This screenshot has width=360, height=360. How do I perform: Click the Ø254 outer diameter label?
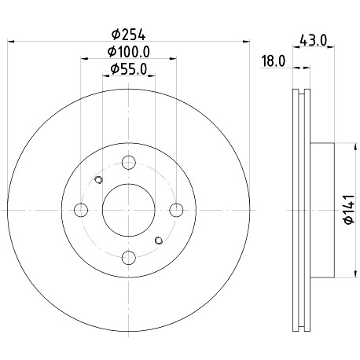(128, 35)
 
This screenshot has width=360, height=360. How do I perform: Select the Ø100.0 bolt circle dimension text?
(129, 52)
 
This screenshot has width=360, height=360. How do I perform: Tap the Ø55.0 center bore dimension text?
(129, 69)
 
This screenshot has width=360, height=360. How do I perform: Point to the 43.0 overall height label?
(314, 40)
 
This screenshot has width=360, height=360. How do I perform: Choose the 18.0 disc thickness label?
(274, 61)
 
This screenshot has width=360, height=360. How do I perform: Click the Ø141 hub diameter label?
(349, 210)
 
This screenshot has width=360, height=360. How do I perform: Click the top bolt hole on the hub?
(129, 163)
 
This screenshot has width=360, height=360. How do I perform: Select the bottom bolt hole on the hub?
(129, 258)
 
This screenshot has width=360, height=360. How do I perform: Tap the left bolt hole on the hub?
(81, 210)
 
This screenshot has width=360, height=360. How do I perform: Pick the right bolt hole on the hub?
(176, 210)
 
